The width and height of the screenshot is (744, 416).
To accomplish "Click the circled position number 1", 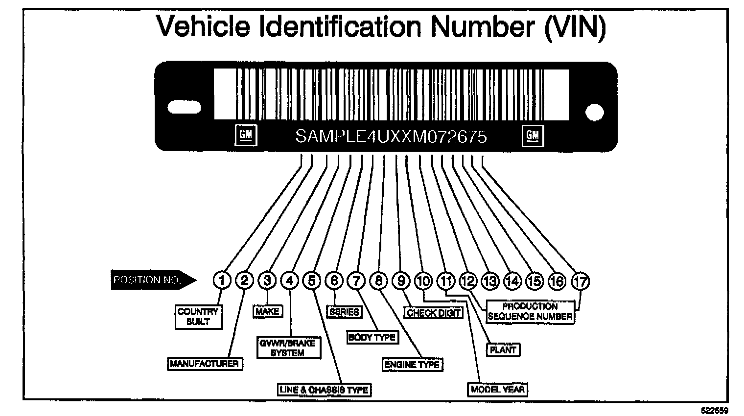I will (x=222, y=280).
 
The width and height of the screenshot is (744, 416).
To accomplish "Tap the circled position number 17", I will (x=581, y=281).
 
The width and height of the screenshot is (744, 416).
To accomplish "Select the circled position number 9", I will (x=401, y=280).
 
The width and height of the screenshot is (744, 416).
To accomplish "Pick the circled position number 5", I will (x=312, y=280).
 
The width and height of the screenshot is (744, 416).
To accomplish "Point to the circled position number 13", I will (x=490, y=280).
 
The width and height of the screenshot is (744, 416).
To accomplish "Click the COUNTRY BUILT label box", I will (x=198, y=317).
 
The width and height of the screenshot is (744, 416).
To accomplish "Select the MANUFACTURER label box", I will (x=204, y=364).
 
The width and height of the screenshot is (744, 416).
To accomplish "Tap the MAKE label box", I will (x=268, y=311).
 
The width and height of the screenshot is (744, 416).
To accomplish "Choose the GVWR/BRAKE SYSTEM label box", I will (x=288, y=348).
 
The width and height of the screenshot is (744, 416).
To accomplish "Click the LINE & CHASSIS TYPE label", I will (x=323, y=390).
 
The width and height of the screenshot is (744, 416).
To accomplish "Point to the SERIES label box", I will (x=344, y=312).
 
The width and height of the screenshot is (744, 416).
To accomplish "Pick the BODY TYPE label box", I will (x=372, y=337).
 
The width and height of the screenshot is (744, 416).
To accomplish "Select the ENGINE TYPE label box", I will (x=412, y=365).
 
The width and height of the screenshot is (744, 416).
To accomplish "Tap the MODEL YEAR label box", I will (x=498, y=390).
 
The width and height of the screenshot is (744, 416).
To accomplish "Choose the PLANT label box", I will (x=503, y=350).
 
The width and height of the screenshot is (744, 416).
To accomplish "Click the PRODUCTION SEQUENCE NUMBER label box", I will (x=530, y=312).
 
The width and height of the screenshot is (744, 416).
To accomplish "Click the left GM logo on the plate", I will (x=246, y=136).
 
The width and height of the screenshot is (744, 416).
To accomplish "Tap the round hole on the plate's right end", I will (x=594, y=112).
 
